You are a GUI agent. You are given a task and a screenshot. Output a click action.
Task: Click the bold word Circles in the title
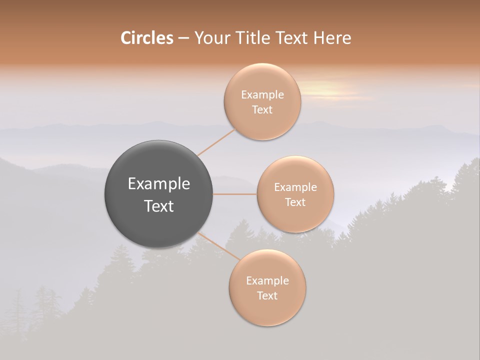coord(147,38)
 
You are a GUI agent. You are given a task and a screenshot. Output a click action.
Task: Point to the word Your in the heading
coord(210,38)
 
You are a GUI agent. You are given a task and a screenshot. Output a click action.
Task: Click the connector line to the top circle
coord(216,142)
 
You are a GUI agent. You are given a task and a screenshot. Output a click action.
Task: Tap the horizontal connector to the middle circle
coord(235,194)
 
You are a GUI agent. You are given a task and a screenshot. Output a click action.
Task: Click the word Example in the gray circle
coord(159,184)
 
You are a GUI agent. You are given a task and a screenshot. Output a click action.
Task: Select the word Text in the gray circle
coord(159,206)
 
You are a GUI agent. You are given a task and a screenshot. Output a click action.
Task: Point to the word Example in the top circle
coord(262,94)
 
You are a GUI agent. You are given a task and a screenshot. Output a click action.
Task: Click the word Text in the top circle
coord(262,109)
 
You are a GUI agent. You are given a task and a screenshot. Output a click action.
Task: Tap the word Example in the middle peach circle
coord(295,187)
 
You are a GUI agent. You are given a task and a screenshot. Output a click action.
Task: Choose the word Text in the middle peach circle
coord(295,202)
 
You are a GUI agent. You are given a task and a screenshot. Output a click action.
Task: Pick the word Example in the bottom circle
coord(267,280)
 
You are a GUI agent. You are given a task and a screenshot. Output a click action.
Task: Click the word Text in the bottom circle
coord(267,295)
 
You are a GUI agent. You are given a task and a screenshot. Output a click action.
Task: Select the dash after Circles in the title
coord(183,38)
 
